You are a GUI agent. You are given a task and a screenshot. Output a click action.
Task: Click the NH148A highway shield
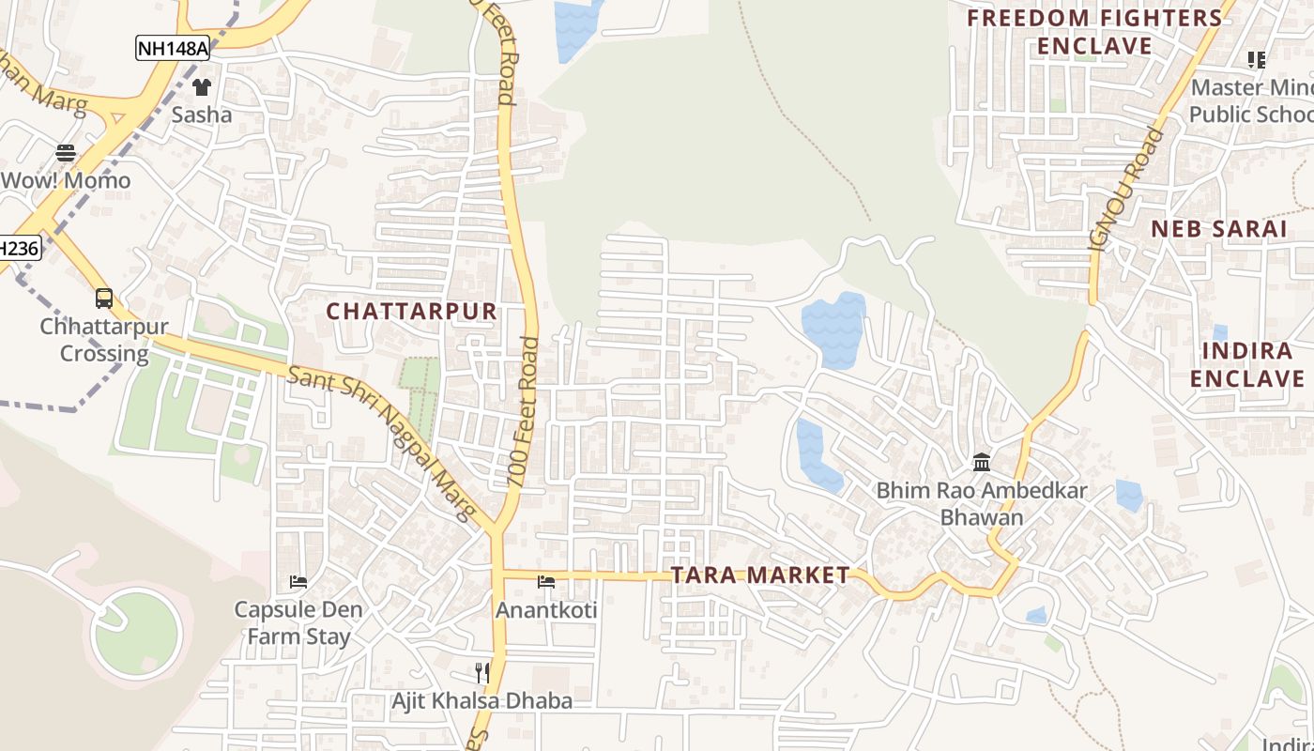(172, 49)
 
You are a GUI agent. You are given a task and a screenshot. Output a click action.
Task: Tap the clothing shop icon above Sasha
(202, 87)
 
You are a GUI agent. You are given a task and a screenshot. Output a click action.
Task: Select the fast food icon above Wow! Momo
(66, 152)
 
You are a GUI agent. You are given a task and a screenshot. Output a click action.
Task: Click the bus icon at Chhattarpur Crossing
(104, 299)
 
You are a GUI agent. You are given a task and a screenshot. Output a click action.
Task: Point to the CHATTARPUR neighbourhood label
(411, 312)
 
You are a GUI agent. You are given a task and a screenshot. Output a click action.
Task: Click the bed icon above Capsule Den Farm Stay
(298, 582)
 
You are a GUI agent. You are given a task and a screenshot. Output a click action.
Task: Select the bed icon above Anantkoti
(546, 582)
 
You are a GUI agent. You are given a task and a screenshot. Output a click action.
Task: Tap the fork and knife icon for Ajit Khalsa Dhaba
(482, 672)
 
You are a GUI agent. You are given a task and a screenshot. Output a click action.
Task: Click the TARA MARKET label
(760, 575)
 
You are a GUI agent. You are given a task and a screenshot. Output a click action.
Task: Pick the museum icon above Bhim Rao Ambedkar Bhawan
(982, 462)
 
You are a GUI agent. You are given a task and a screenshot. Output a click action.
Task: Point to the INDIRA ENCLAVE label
(1246, 365)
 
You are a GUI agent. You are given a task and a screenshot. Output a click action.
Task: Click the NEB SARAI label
(1218, 229)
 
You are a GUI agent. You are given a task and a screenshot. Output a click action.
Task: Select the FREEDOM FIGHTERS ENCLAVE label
(1094, 32)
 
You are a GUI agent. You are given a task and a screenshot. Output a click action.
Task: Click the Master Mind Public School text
(1250, 100)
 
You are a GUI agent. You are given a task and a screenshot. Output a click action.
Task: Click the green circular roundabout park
(137, 636)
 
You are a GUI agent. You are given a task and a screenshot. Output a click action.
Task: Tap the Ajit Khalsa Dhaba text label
(481, 700)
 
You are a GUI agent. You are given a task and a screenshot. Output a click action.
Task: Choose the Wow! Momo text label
(66, 180)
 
